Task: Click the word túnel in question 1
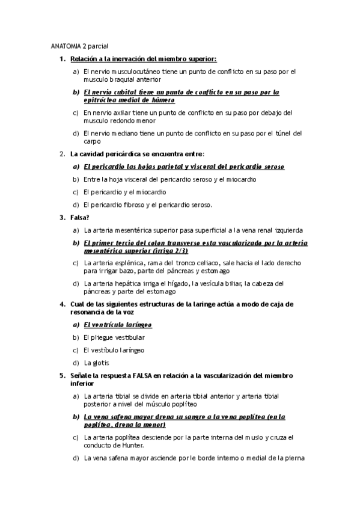281,133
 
